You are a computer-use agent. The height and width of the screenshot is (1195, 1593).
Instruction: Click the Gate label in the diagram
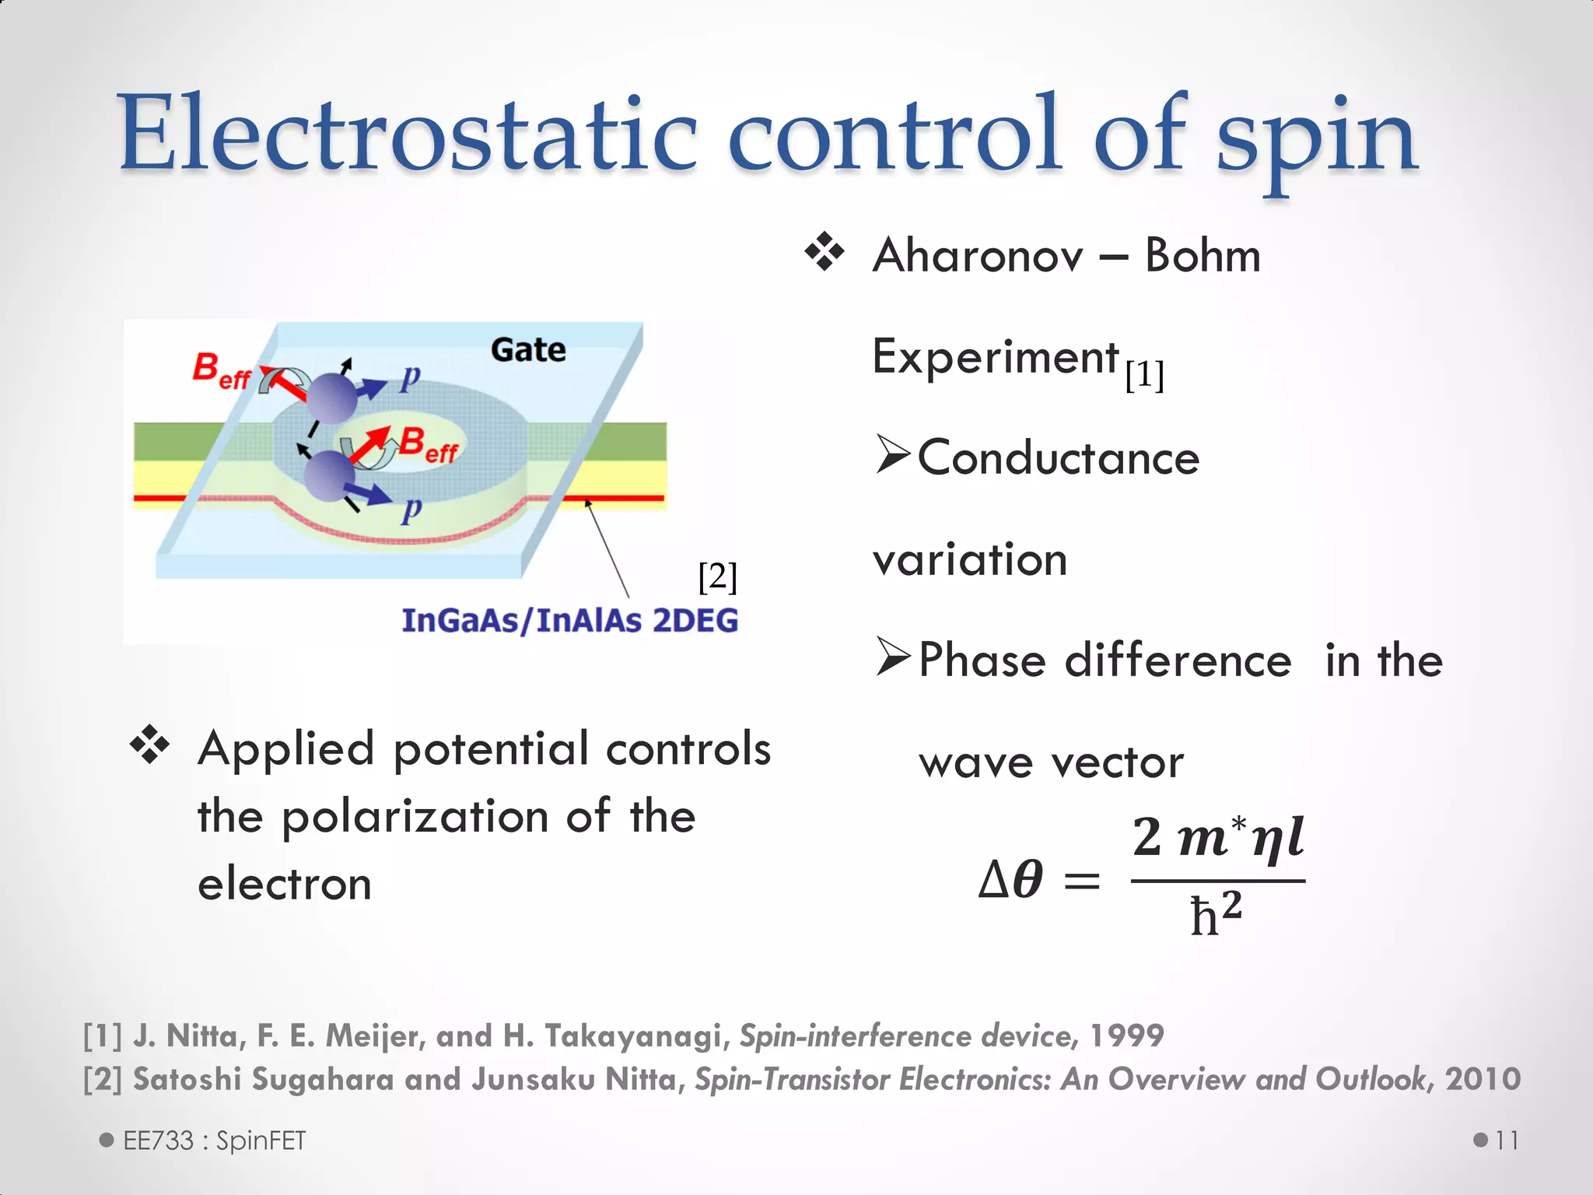[528, 350]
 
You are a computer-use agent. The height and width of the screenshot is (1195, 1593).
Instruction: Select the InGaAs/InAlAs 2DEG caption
[569, 621]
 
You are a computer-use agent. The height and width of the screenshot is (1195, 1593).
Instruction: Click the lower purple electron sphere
[329, 478]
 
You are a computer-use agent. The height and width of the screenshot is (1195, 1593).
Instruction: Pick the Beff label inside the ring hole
[429, 446]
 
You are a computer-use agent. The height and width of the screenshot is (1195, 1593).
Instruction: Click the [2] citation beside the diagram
[717, 576]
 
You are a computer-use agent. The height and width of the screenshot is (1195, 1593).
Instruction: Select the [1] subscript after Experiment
[1144, 376]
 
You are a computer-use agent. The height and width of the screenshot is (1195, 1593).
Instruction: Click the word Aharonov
[978, 256]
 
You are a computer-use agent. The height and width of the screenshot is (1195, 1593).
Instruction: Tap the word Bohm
[1202, 256]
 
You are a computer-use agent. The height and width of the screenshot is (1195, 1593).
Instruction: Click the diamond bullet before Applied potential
[149, 746]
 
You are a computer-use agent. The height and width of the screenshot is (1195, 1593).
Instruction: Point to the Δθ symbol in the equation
[1010, 881]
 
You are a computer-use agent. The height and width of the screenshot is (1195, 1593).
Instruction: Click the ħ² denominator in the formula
[1216, 915]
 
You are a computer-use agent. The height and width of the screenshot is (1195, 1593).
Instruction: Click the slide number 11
[1507, 1141]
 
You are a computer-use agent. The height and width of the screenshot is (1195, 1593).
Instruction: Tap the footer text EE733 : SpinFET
[214, 1141]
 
